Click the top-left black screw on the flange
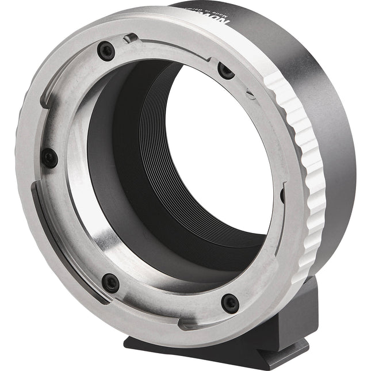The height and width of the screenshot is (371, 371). click(106, 52)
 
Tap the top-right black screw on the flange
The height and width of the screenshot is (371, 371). click(225, 70)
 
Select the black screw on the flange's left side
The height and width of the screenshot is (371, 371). click(49, 158)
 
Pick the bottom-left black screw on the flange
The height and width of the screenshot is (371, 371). click(110, 282)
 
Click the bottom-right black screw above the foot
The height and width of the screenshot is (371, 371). click(230, 303)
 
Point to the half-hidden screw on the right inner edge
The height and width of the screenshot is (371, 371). click(282, 196)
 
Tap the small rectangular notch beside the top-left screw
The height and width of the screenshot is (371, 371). click(131, 39)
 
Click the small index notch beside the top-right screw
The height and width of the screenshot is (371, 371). click(248, 91)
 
